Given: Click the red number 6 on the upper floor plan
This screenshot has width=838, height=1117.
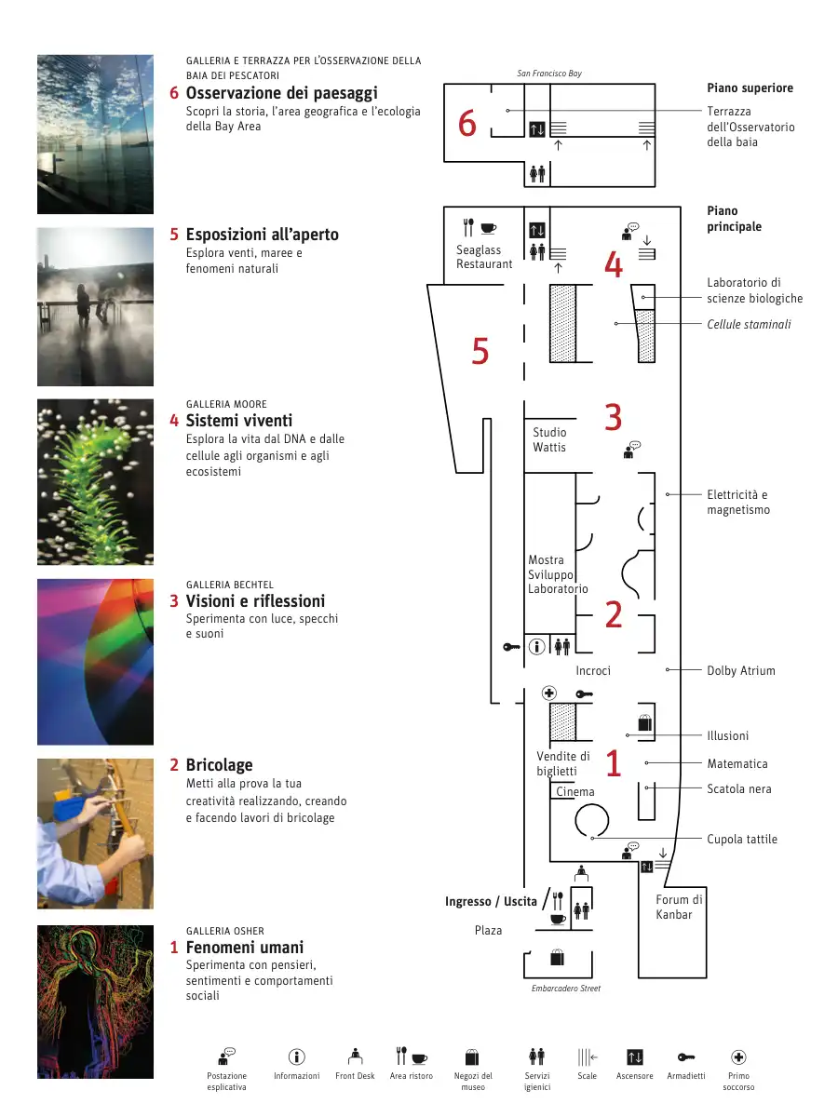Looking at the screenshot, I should pyautogui.click(x=467, y=124).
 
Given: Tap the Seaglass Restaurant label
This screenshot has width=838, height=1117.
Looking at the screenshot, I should pyautogui.click(x=484, y=257).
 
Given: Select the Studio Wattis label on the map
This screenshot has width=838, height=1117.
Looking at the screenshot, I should pyautogui.click(x=549, y=439).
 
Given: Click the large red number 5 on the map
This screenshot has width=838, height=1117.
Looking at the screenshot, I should pyautogui.click(x=480, y=351).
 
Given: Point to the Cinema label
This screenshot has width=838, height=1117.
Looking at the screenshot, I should pyautogui.click(x=575, y=792).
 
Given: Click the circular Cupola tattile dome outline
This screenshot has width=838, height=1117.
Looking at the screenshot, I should pyautogui.click(x=591, y=819).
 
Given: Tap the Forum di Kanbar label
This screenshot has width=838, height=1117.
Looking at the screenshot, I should pyautogui.click(x=679, y=907).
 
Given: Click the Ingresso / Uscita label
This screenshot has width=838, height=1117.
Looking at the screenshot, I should pyautogui.click(x=491, y=901).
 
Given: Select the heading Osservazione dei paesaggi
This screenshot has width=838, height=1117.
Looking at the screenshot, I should pyautogui.click(x=281, y=93).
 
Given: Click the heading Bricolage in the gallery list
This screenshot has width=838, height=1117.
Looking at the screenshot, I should pyautogui.click(x=219, y=765).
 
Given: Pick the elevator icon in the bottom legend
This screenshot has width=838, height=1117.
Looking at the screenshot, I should pyautogui.click(x=635, y=1056).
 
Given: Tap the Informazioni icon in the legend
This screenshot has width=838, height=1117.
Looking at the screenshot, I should pyautogui.click(x=297, y=1056).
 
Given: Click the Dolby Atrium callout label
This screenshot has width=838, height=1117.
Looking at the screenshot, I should pyautogui.click(x=740, y=670).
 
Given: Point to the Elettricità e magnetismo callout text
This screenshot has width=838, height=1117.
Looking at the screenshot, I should pyautogui.click(x=737, y=503).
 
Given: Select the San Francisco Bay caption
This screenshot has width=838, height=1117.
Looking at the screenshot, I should pyautogui.click(x=549, y=74).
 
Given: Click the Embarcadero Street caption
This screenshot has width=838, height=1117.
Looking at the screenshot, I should pyautogui.click(x=566, y=988).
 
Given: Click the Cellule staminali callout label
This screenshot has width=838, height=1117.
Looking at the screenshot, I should pyautogui.click(x=749, y=324).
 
